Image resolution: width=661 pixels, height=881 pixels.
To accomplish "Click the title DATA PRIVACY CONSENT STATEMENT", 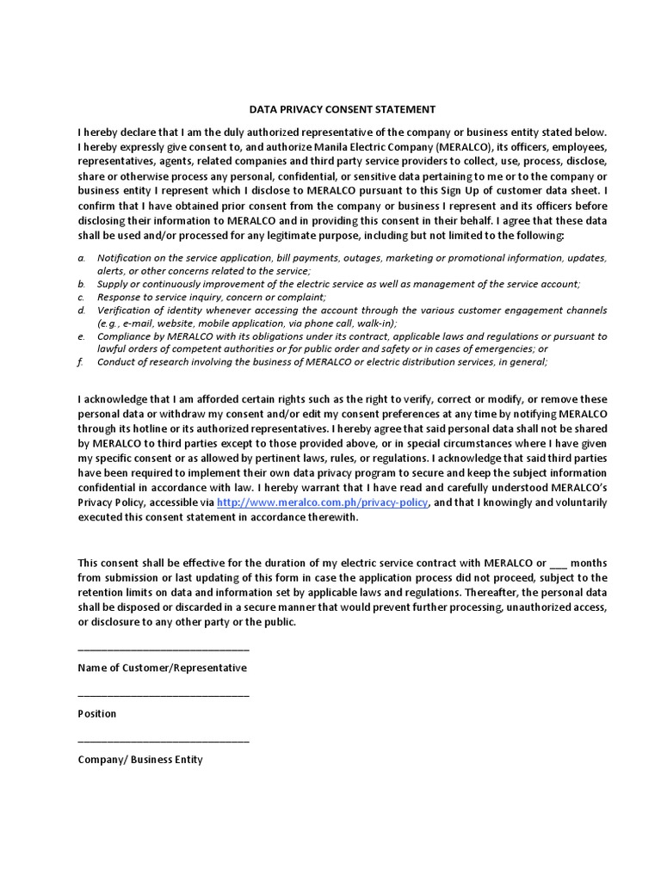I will point(343,109).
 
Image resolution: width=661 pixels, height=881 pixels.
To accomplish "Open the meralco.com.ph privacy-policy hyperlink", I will point(322,502).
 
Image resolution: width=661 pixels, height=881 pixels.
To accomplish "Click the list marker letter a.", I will point(81,258).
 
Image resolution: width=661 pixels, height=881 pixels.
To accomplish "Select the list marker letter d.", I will point(81,310).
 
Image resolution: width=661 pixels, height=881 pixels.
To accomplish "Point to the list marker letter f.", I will point(80,362).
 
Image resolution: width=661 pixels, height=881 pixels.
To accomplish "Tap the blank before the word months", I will point(558,564).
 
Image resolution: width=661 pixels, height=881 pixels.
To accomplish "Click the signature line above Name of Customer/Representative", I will point(164,650).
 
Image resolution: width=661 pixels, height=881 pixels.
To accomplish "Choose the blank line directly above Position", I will point(164,696).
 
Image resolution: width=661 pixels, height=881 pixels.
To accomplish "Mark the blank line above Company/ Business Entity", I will point(164,742).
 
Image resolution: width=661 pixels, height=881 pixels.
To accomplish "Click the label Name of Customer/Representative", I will point(162,668).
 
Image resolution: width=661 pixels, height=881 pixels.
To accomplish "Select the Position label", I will point(96,714).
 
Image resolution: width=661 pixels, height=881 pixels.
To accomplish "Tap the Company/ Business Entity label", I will point(140,760).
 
